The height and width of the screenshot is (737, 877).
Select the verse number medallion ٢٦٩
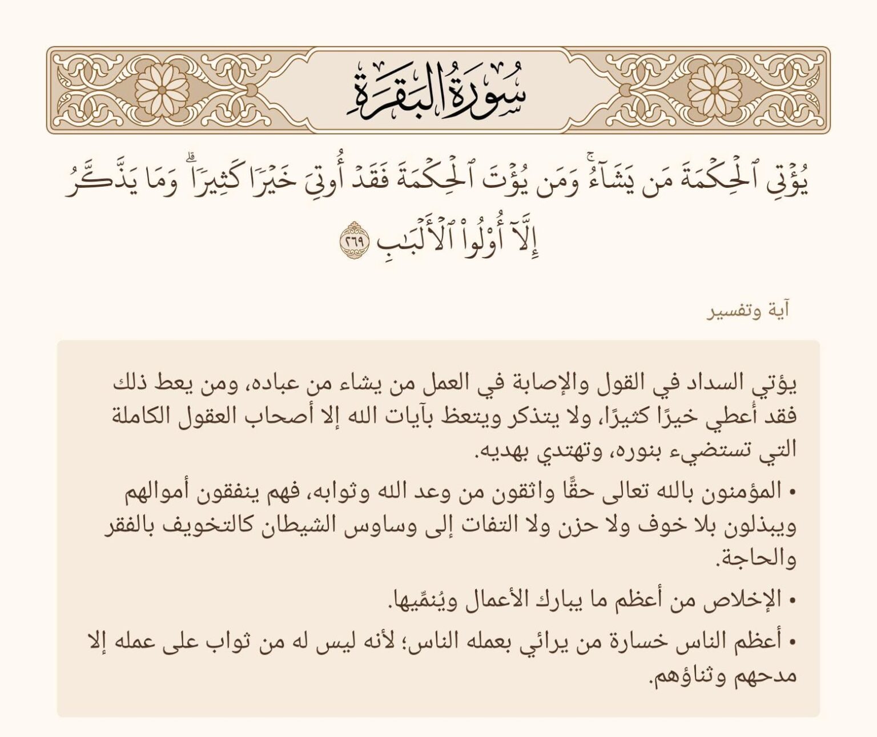coord(356,236)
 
